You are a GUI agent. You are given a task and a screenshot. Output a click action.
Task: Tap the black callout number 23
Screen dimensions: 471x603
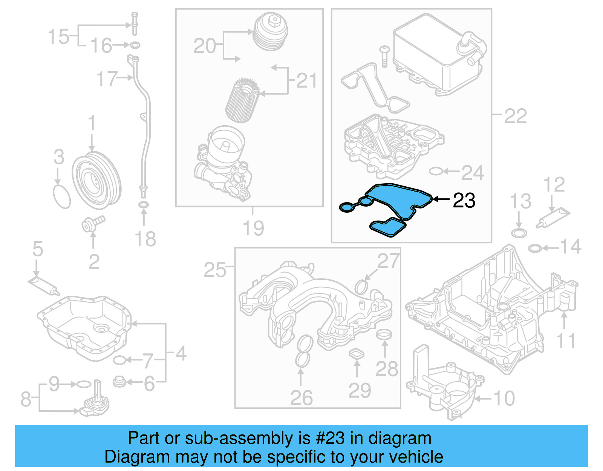464,200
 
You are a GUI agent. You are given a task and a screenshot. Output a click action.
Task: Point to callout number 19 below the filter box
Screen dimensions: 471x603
253,228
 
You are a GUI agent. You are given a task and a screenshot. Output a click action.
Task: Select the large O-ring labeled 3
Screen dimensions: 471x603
62,196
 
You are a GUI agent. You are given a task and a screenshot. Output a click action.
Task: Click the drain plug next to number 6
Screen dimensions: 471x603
119,382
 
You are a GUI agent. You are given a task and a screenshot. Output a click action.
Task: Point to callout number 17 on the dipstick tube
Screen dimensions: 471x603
107,79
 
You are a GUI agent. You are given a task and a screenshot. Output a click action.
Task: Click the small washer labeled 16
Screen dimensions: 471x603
135,46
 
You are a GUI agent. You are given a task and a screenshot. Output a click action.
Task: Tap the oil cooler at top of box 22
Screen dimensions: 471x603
437,55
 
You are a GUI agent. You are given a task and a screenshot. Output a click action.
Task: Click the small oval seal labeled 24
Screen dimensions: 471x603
435,172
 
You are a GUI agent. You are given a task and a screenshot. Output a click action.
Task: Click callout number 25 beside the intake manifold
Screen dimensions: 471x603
215,270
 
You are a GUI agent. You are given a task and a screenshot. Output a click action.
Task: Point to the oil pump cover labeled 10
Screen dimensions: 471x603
445,388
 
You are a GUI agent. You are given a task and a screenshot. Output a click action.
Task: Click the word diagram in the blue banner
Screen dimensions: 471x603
399,438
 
